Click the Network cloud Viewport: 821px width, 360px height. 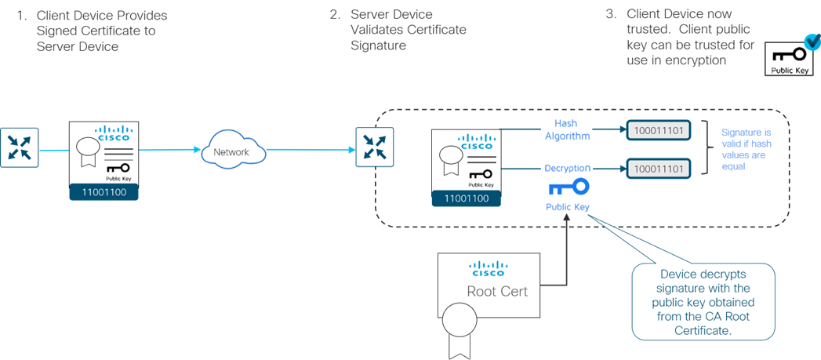click(x=231, y=151)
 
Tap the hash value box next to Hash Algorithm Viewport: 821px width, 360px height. click(x=658, y=131)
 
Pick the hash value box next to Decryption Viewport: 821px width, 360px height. click(x=658, y=169)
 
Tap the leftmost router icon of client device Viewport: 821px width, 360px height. click(x=16, y=148)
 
